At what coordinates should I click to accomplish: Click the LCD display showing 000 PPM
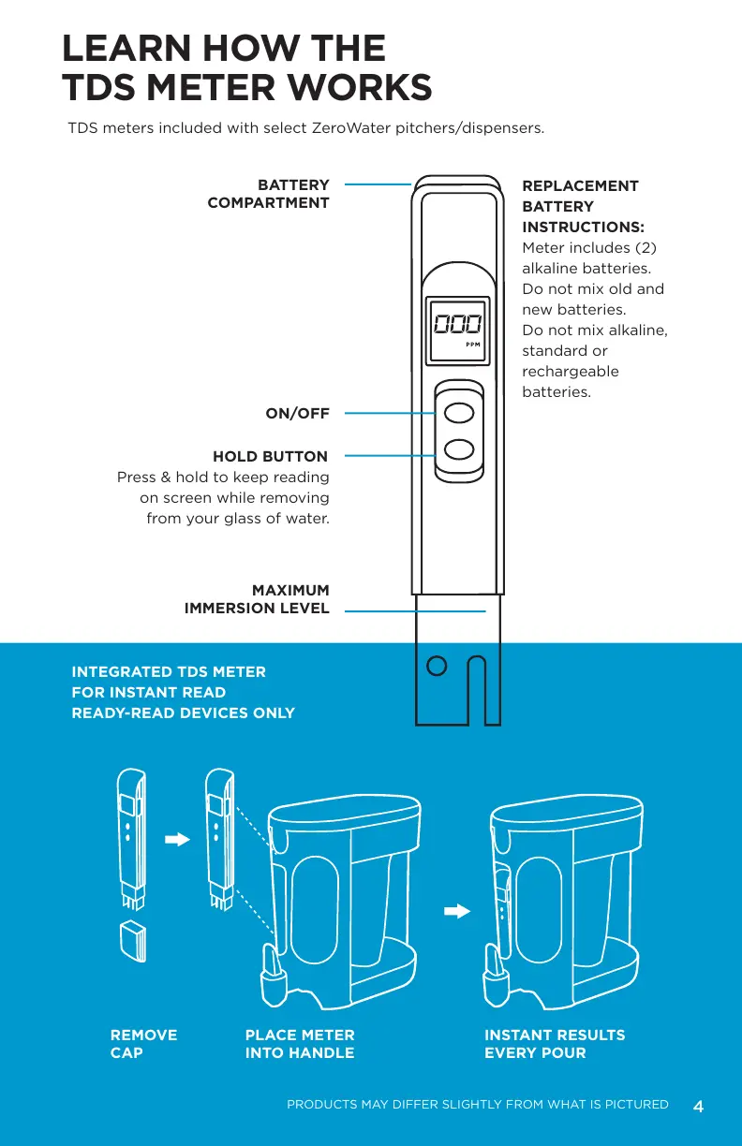[x=457, y=331]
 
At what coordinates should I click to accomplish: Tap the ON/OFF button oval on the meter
[x=458, y=412]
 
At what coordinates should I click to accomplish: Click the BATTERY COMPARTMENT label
[x=268, y=194]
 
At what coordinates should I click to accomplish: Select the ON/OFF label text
[x=297, y=413]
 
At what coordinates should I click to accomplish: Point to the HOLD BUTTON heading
[x=270, y=457]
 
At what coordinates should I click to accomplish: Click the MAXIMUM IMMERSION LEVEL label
[x=257, y=599]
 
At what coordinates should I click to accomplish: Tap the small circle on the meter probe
[x=436, y=666]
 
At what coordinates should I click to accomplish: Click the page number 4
[x=698, y=1107]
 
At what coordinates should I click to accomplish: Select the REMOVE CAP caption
[x=143, y=1044]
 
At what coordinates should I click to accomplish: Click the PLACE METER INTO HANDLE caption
[x=300, y=1044]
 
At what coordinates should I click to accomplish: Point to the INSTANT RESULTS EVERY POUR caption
[x=555, y=1044]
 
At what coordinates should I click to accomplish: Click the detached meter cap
[x=135, y=941]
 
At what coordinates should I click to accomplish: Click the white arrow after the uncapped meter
[x=176, y=840]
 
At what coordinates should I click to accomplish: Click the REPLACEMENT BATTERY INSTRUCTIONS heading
[x=582, y=206]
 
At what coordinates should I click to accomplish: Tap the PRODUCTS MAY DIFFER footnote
[x=477, y=1105]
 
